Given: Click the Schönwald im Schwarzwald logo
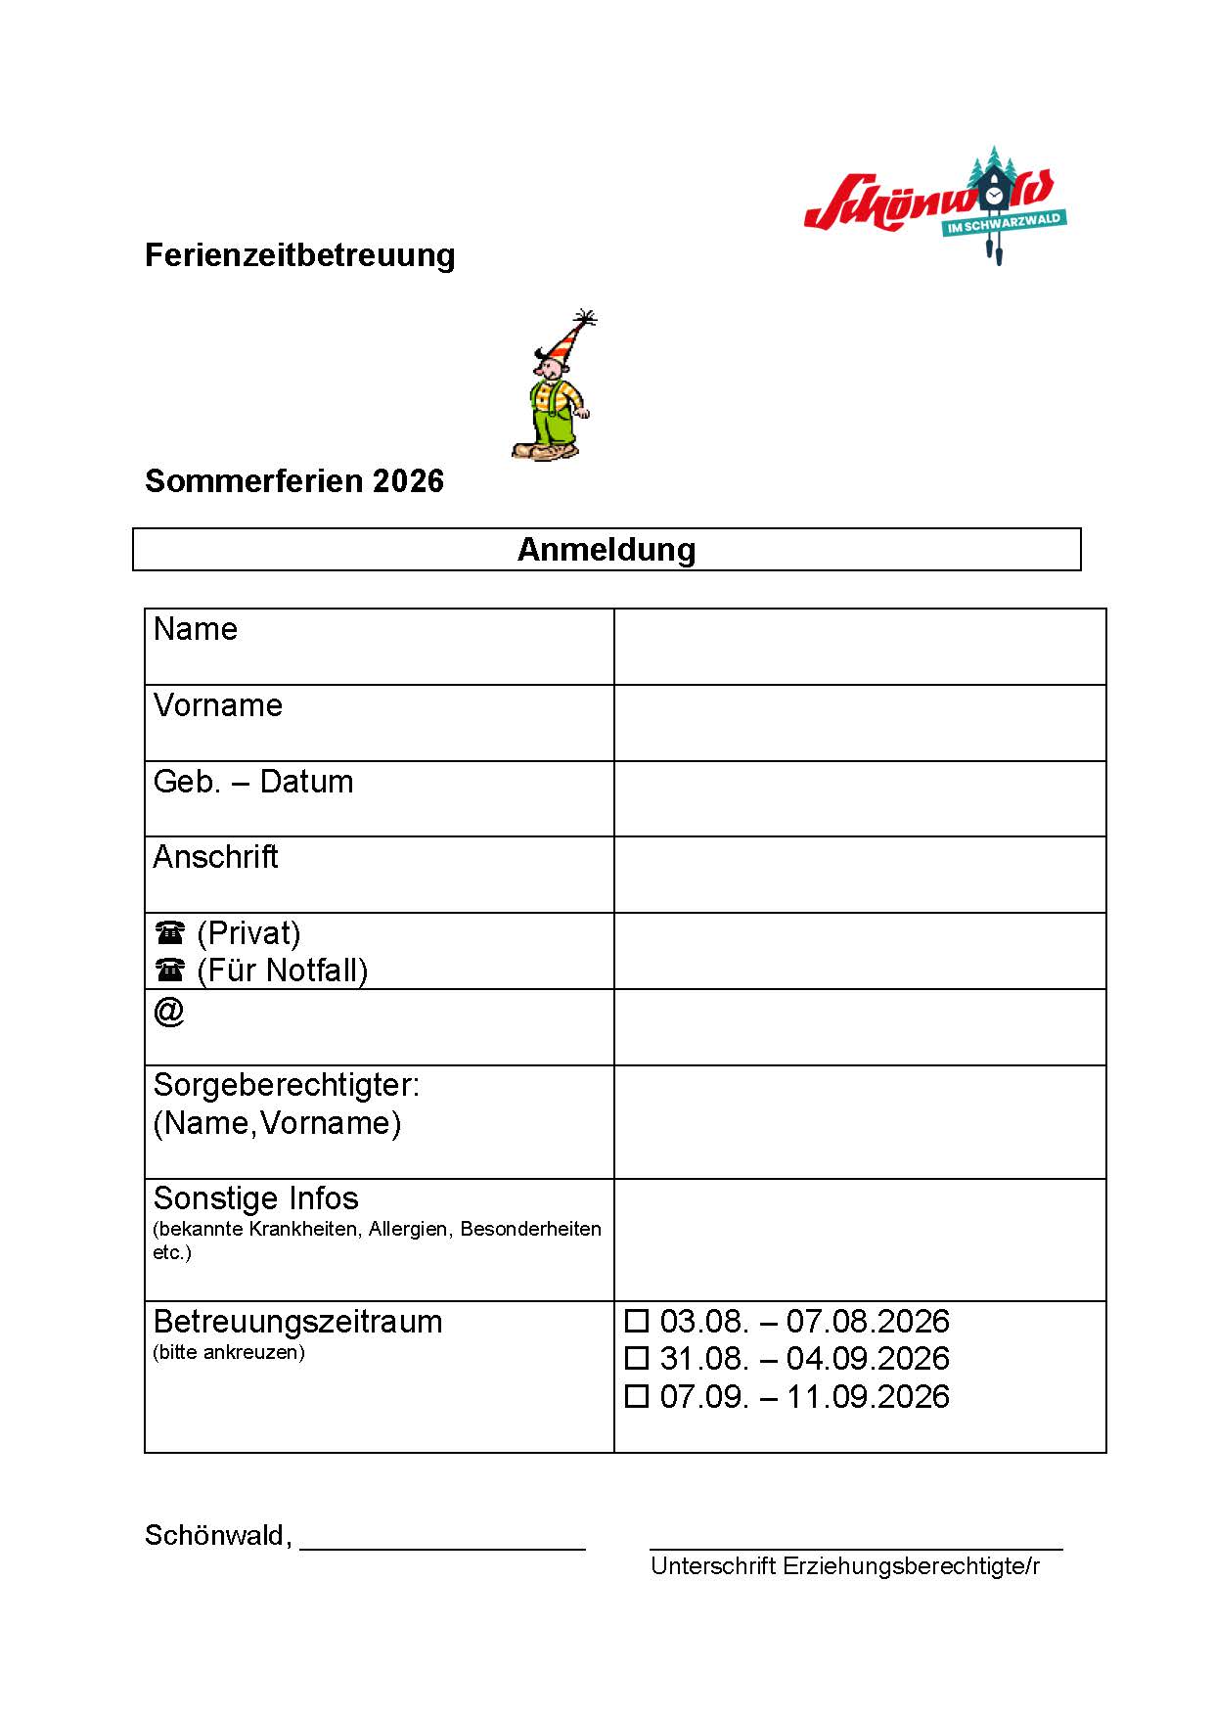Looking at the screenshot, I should pos(933,206).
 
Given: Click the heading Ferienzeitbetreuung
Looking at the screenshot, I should pos(299,255).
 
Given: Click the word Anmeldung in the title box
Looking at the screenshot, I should pos(607,550).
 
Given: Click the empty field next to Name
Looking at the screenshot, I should pos(860,647).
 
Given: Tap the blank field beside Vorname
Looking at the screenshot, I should pos(860,723).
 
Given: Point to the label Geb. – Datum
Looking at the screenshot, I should pos(253,782).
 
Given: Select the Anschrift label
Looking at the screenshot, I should pos(215,857).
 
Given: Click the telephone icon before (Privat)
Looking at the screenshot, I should pos(169,933).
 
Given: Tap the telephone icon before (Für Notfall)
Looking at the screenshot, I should pos(169,971).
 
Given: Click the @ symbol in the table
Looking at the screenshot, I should pos(168,1011).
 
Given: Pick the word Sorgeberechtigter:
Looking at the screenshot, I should pos(286,1085).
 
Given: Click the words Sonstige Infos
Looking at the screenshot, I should pos(255,1198).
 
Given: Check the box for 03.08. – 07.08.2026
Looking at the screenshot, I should pos(637,1322).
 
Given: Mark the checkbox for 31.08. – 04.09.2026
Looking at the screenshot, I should pos(637,1359).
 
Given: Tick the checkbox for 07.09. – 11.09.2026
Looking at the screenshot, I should pos(637,1397).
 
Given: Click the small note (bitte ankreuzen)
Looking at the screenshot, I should pos(229,1353).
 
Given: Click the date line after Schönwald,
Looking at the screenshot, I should pos(442,1543).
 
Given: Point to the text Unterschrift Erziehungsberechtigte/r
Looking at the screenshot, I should pos(845,1566).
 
